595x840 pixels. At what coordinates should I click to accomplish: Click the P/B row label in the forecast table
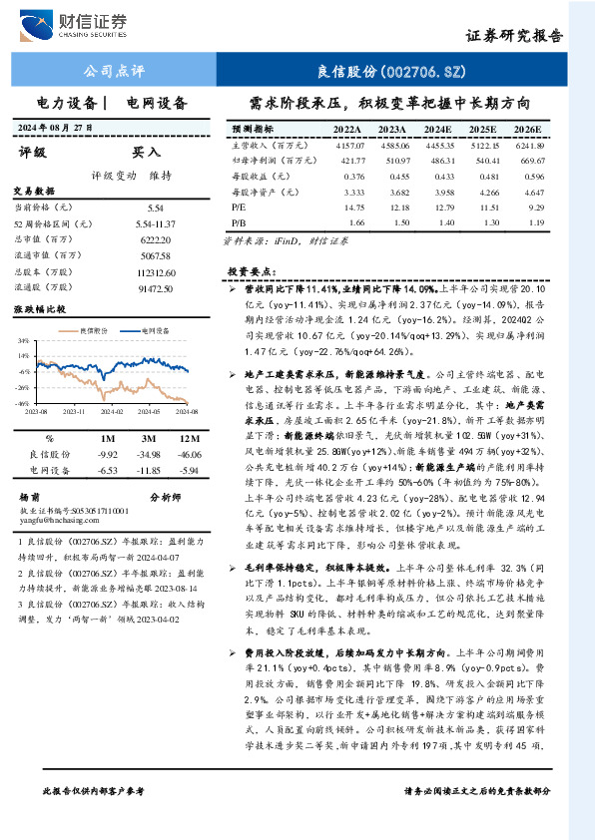click(x=238, y=222)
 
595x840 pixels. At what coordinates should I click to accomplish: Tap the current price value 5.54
click(x=155, y=207)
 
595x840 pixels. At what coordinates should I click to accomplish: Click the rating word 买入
click(x=147, y=153)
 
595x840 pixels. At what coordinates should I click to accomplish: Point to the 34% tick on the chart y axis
click(x=23, y=339)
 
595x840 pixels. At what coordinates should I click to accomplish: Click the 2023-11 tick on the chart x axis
click(x=75, y=410)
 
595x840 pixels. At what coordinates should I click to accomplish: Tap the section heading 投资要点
click(x=250, y=270)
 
